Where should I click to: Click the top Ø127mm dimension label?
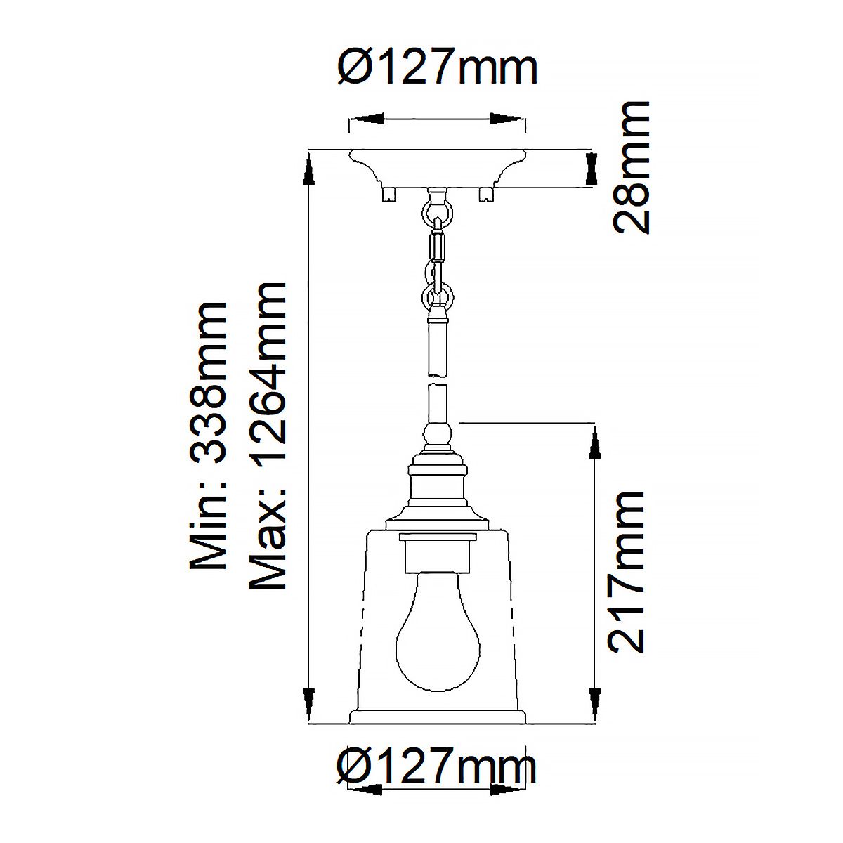[x=437, y=69]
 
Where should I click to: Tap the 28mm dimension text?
[x=632, y=167]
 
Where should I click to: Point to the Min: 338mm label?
[x=209, y=436]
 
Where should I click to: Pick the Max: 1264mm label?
[x=268, y=436]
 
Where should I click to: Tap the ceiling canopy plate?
[x=437, y=169]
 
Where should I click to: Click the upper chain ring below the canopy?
[x=437, y=210]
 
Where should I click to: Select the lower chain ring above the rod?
[x=437, y=294]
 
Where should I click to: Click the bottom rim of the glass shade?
[x=437, y=717]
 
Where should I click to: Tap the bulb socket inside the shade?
[x=437, y=552]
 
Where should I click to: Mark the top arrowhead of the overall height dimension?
[x=308, y=169]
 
